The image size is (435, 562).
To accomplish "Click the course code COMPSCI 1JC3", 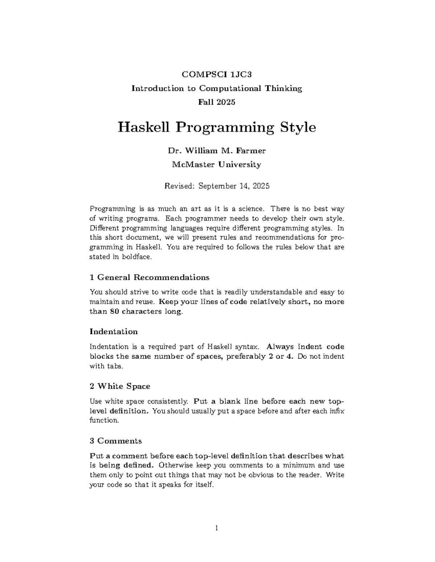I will pos(216,75).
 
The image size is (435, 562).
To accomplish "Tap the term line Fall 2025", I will pos(216,102).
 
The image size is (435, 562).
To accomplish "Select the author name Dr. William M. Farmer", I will pos(216,151).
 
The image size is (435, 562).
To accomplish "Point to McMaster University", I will pos(216,165).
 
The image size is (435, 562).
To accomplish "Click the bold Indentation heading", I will pos(113,332).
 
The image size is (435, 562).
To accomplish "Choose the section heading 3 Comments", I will pos(115,441).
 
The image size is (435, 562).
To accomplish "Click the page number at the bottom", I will pos(217,529).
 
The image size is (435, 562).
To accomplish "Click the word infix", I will pos(336,411).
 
